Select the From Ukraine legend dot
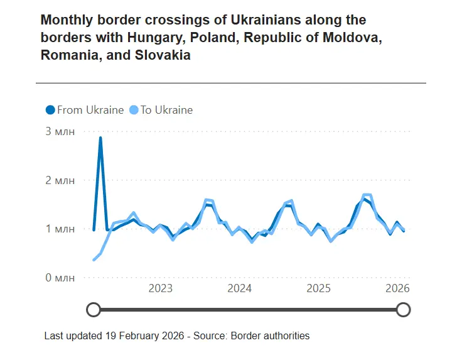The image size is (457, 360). (50, 110)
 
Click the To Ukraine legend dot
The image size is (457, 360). (134, 110)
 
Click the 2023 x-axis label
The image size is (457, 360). (160, 288)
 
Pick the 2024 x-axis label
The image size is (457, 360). (239, 288)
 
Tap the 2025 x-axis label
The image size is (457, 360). (318, 288)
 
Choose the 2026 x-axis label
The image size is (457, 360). (397, 288)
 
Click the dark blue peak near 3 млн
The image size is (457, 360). (100, 138)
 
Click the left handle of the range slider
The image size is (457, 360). (94, 310)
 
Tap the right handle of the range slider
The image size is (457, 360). (404, 310)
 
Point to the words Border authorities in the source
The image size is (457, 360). (271, 335)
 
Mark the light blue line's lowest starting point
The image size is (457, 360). (94, 259)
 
